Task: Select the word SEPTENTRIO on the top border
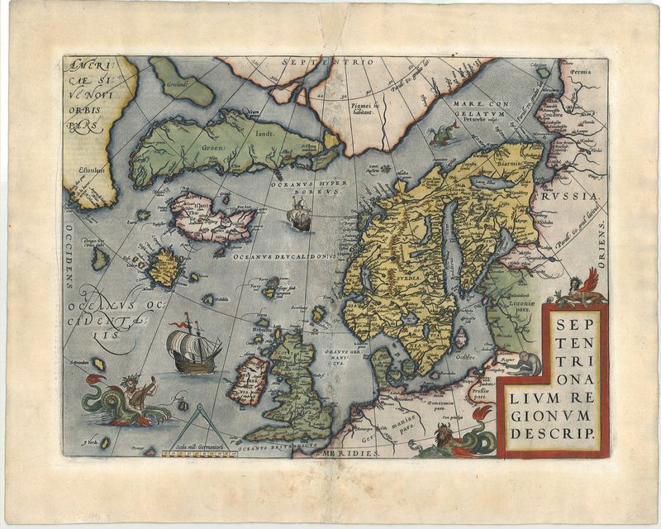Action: click(327, 63)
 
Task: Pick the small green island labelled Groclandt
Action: click(182, 82)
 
